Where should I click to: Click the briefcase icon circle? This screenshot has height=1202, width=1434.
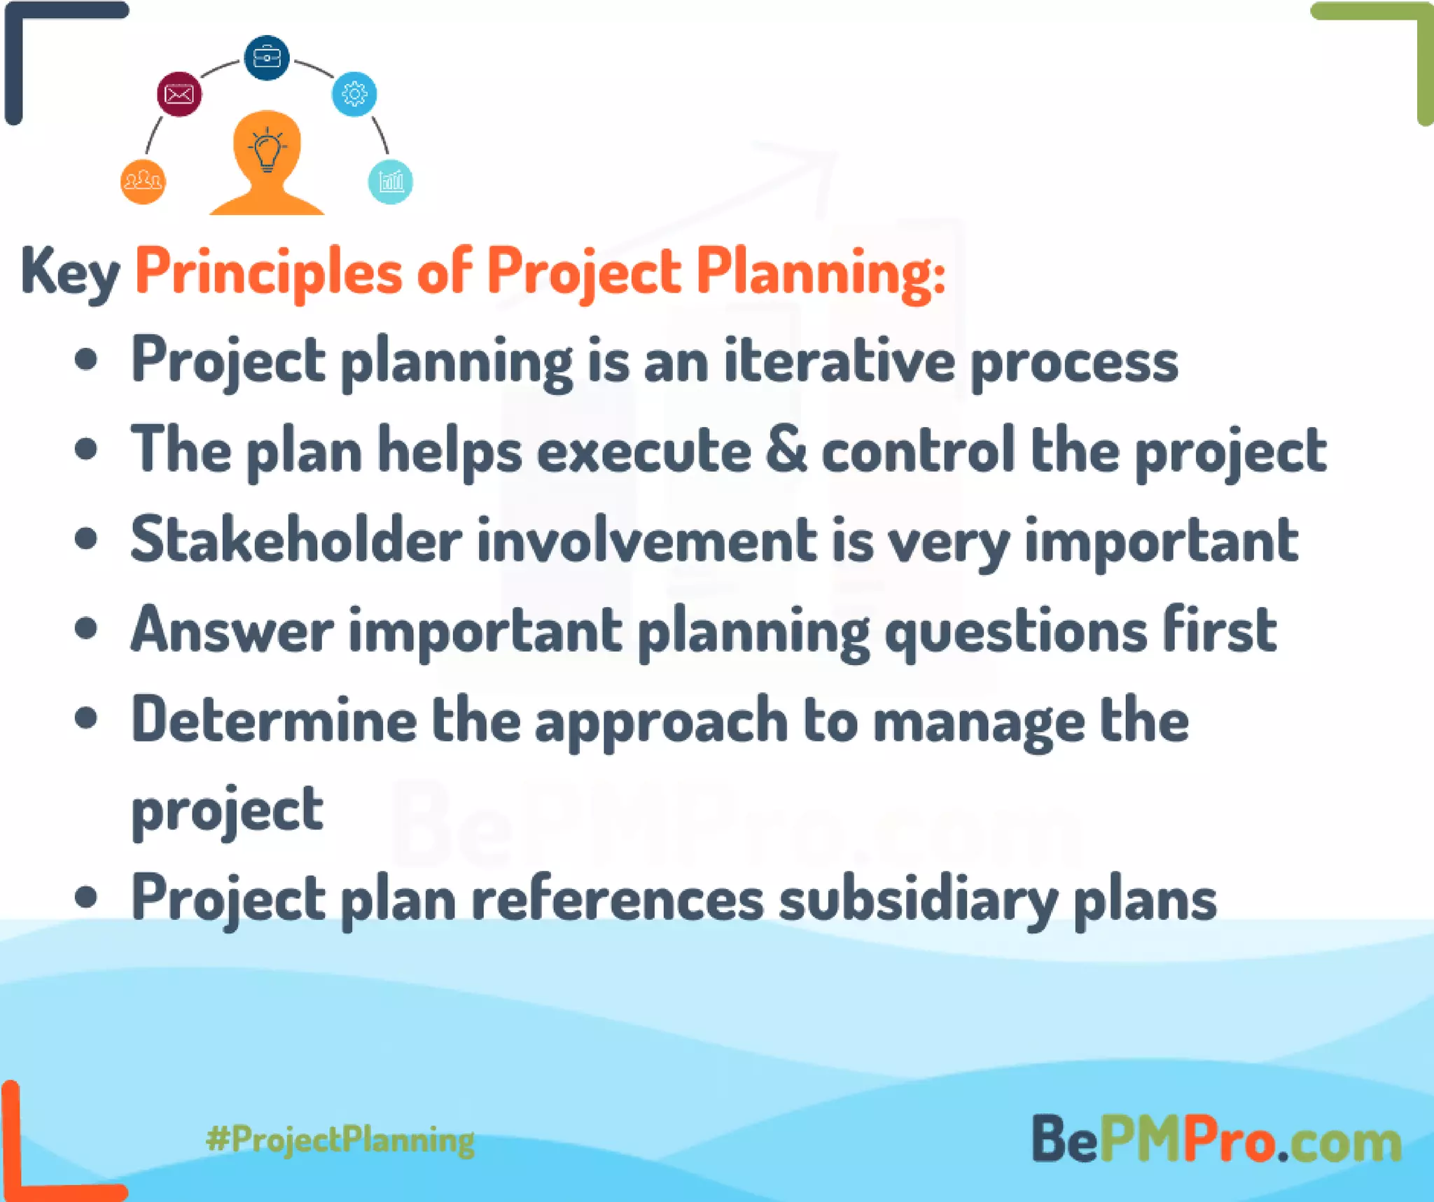pos(266,57)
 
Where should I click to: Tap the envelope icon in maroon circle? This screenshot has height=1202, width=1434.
pos(179,93)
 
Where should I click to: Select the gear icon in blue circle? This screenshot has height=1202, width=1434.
pos(354,93)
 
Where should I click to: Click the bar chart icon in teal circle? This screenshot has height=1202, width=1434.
pos(391,181)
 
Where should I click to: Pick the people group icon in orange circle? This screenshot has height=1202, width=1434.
pos(143,181)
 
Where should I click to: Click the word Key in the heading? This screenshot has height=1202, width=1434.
pos(70,273)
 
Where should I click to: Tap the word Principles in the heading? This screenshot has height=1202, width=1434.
pos(268,273)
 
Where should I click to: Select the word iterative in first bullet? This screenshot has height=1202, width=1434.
pos(839,362)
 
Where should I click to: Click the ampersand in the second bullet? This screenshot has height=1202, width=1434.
pos(786,450)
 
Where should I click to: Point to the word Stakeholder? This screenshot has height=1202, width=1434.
pos(296,540)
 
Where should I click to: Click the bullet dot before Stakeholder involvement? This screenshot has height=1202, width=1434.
pos(86,540)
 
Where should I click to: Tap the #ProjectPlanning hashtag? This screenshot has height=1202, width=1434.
pos(340,1140)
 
